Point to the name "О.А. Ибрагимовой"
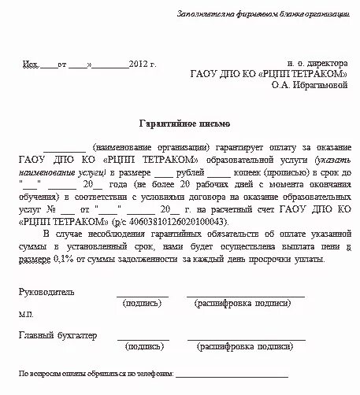[308, 85]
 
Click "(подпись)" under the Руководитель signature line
[143, 301]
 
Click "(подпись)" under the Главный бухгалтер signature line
[143, 345]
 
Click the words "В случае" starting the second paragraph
[58, 234]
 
